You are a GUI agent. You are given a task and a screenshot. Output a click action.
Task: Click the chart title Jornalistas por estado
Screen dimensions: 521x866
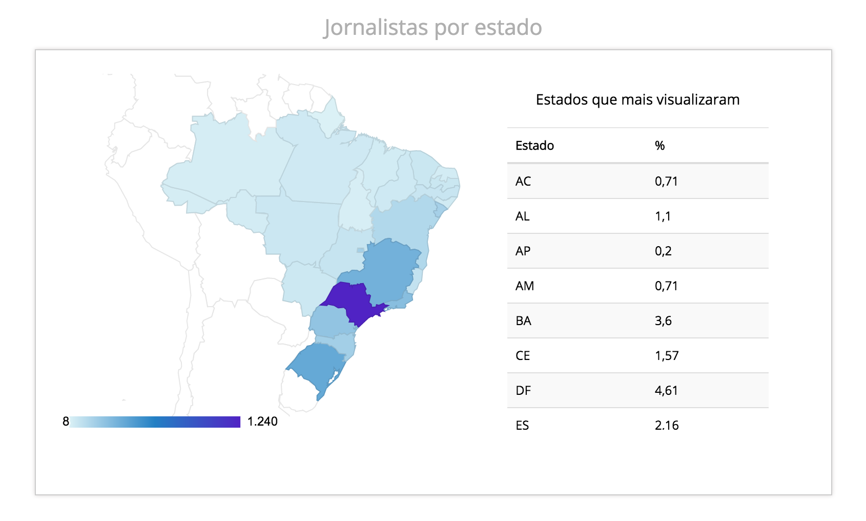point(432,27)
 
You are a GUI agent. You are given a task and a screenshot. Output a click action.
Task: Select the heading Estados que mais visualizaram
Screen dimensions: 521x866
point(637,99)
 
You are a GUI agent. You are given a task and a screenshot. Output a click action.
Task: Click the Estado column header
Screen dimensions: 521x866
point(534,146)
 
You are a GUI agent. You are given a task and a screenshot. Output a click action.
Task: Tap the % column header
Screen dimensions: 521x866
point(659,146)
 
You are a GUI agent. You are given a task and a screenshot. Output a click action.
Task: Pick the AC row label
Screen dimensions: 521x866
point(523,182)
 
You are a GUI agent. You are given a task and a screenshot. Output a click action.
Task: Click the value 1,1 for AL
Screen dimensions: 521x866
point(663,216)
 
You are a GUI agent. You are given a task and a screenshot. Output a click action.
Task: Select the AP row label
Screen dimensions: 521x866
point(523,251)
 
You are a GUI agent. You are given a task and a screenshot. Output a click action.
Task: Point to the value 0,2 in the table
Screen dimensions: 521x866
point(663,251)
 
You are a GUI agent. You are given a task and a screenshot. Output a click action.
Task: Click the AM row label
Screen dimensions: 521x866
point(525,286)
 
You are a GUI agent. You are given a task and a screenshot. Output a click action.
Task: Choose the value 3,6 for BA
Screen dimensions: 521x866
point(663,321)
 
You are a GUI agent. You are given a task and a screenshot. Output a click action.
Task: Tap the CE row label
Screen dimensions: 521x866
point(523,356)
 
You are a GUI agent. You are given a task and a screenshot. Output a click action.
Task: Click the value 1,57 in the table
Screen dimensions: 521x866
point(667,356)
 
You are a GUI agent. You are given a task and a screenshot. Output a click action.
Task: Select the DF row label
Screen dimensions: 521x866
point(523,391)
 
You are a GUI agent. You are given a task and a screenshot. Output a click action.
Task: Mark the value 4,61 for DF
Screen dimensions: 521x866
point(666,391)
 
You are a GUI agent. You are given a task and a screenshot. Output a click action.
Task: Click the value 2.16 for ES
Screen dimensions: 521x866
point(667,426)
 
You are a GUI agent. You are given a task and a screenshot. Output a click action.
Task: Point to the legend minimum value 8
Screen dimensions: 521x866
point(66,422)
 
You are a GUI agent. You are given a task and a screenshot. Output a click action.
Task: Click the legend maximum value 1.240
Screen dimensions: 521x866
point(262,422)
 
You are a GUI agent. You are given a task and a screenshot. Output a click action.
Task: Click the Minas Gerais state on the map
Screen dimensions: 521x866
point(392,269)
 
